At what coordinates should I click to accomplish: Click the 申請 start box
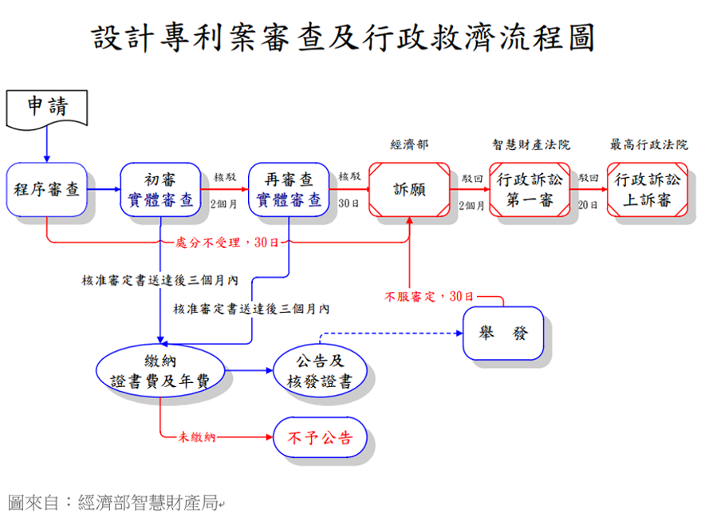point(46,108)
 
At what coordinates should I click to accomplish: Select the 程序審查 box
point(46,190)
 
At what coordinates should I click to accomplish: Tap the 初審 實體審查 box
point(160,190)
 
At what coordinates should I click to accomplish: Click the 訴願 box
point(409,190)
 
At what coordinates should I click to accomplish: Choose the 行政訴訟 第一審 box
point(530,190)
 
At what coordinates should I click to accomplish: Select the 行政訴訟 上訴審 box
point(647,190)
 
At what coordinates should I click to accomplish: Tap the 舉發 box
point(503,333)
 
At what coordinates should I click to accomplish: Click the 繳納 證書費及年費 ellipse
point(160,371)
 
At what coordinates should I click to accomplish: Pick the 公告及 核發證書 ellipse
point(319,371)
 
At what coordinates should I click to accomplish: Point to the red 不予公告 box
point(319,437)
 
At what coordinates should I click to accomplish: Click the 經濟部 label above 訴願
point(409,145)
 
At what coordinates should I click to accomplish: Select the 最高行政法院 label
point(648,145)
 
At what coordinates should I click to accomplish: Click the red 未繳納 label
point(197,437)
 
